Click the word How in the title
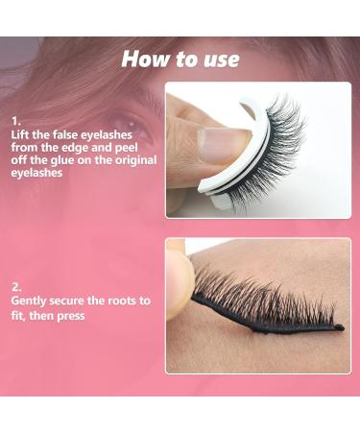145,59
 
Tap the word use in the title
219,59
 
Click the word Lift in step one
23,135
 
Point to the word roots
125,300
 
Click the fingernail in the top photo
213,144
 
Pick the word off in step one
21,162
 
